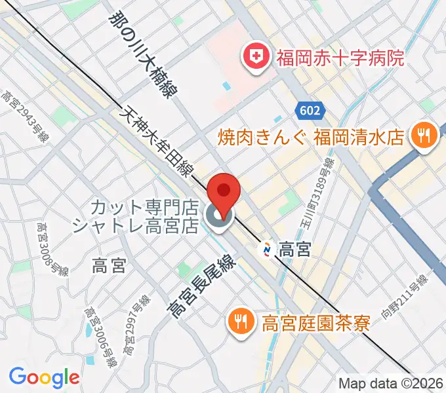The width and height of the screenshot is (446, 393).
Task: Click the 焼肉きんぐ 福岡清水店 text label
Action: click(311, 138)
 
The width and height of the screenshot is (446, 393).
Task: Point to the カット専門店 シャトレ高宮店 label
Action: click(134, 217)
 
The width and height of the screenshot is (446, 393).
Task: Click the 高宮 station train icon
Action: click(268, 250)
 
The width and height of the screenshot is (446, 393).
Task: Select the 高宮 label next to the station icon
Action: click(294, 250)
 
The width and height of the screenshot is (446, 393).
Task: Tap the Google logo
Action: click(44, 377)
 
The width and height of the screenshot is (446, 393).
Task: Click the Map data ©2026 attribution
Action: click(391, 383)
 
